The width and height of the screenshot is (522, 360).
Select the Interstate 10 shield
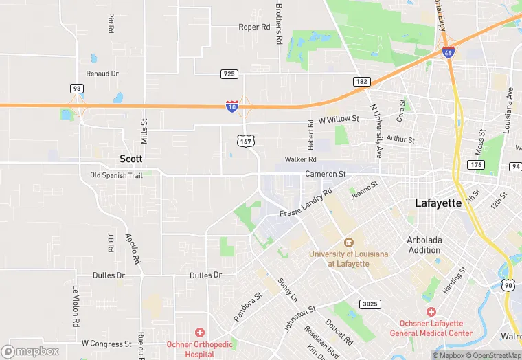[233, 106]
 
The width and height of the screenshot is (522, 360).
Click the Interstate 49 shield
[448, 52]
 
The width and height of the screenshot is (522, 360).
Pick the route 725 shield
[229, 73]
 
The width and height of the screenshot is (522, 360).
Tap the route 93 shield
[76, 89]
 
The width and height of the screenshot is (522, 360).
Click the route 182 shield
[362, 81]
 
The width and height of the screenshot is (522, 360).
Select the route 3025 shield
[367, 304]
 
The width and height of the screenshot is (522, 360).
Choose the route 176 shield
[475, 165]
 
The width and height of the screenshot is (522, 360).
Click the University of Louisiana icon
[348, 242]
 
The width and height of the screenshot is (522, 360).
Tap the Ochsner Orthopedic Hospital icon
[199, 332]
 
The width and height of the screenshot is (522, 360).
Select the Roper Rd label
[254, 27]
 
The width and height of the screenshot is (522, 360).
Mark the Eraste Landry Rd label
[306, 204]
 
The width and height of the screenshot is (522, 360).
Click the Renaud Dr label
[102, 73]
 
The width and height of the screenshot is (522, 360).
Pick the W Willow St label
[339, 120]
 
